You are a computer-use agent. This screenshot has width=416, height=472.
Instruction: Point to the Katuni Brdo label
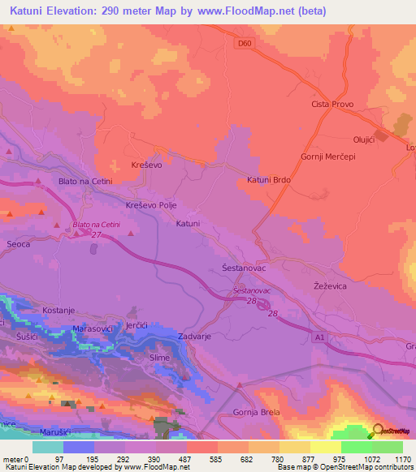click(x=269, y=181)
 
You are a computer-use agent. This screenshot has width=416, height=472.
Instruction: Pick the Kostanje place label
click(x=59, y=311)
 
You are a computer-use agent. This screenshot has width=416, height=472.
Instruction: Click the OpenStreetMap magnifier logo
click(x=378, y=431)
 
